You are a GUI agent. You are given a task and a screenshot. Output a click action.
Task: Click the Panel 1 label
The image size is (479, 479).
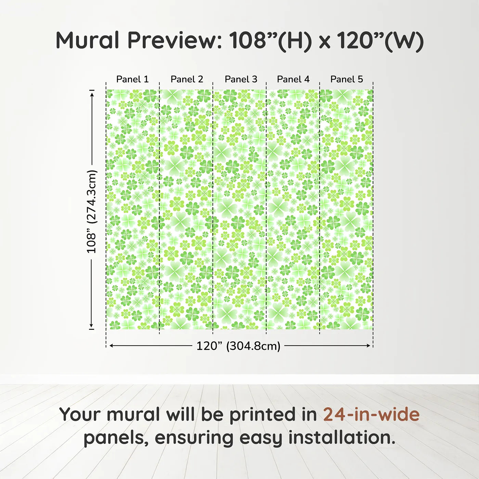coord(132,79)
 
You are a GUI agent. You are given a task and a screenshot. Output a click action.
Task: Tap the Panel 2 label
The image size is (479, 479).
coord(187,79)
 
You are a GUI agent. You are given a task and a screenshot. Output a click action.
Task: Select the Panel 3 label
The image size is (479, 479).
coord(241,79)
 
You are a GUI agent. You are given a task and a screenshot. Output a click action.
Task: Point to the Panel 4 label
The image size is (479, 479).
coord(293,79)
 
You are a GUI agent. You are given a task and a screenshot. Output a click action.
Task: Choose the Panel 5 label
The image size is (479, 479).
coord(347,79)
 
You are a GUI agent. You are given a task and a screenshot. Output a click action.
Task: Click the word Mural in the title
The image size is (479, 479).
coord(87,40)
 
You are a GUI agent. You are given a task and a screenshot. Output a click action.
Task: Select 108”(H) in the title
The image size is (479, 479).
coord(271,40)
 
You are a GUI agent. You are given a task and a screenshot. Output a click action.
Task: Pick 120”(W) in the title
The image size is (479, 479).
coord(380,40)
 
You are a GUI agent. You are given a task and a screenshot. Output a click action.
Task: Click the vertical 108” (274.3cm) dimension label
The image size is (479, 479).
coord(92,211)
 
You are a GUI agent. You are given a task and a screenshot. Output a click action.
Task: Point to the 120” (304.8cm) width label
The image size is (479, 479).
coord(238,346)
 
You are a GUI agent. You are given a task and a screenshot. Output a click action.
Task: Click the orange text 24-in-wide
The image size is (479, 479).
coord(371,414)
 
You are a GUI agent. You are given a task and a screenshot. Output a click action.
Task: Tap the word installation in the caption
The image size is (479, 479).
coord(341,437)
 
